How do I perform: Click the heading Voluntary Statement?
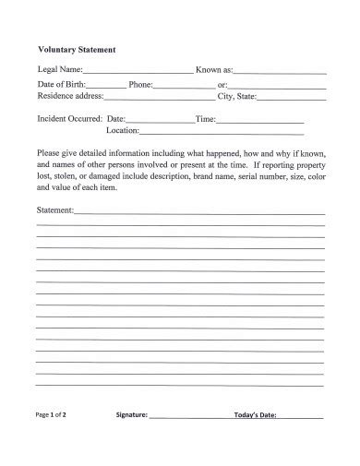[x=76, y=50]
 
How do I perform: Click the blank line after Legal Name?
[x=138, y=71]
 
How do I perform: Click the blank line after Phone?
[x=183, y=85]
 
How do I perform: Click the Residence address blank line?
[x=162, y=97]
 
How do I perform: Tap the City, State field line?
[x=292, y=97]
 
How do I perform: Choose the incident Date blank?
[x=159, y=121]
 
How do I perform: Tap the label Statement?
[x=54, y=210]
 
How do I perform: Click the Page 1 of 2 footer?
[x=52, y=415]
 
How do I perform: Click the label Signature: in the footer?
[x=132, y=415]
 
